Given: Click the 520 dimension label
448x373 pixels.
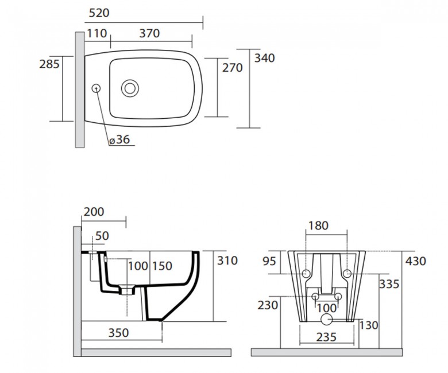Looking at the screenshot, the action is tap(99, 13).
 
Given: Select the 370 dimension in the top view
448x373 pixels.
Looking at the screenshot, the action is tap(149, 33).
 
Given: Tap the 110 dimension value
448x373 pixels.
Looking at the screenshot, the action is tap(96, 33).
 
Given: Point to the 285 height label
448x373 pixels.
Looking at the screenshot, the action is tap(49, 64).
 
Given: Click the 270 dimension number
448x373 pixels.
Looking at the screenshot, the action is tap(233, 68).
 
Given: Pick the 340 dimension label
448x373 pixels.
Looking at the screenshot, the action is tap(265, 58).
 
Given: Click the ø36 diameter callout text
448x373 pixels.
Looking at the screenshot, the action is tap(119, 139).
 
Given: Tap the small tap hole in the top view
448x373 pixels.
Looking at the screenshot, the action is tap(96, 88).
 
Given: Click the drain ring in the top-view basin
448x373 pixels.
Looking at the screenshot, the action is tap(130, 88).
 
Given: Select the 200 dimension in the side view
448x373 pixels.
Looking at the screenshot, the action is tap(94, 212).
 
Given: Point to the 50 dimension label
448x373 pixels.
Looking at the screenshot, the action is tap(102, 236).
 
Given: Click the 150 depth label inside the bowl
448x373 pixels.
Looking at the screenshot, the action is tap(162, 266).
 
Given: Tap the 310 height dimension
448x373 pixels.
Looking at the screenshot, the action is tap(227, 261).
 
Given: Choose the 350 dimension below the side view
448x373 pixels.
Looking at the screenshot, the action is tap(118, 333).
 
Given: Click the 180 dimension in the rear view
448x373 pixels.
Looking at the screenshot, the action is tap(318, 226).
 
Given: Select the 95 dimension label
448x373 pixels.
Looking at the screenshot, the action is tap(269, 261).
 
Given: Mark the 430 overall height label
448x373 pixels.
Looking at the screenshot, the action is tap(416, 261).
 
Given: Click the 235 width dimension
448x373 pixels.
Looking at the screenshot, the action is tap(327, 337).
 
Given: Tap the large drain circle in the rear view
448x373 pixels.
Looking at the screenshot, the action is tap(327, 319).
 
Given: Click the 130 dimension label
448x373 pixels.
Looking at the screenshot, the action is tap(369, 325).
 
